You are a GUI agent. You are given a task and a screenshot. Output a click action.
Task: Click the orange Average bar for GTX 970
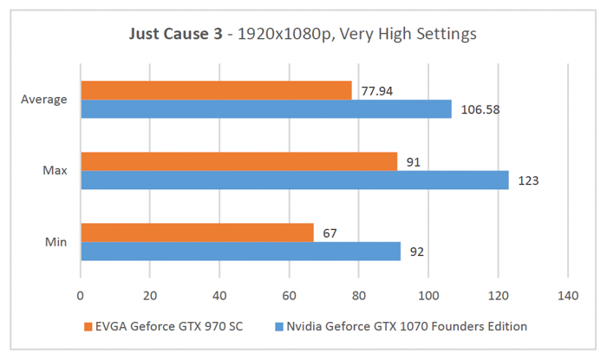216,90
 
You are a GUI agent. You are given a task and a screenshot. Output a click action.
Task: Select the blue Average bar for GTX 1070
266,108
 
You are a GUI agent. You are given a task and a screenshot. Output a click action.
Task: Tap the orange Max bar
238,161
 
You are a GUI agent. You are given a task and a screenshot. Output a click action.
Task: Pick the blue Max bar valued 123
295,180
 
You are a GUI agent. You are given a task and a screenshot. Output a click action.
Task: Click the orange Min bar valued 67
197,232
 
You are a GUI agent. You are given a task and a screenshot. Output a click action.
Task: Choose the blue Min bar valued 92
240,251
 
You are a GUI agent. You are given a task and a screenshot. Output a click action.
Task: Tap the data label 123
525,181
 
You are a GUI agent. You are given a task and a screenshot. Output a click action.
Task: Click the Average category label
44,99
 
